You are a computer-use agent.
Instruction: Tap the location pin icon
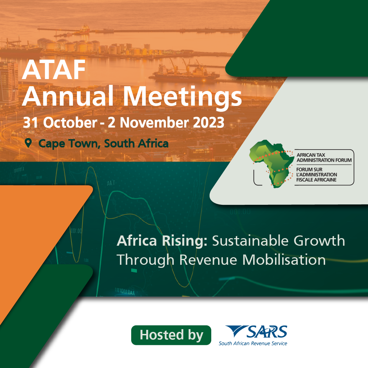pyautogui.click(x=28, y=143)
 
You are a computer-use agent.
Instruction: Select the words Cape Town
pyautogui.click(x=70, y=143)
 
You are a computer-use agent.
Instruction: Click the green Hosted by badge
pyautogui.click(x=171, y=335)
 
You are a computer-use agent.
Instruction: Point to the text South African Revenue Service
pyautogui.click(x=253, y=343)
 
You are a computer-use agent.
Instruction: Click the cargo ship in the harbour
pyautogui.click(x=184, y=73)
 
